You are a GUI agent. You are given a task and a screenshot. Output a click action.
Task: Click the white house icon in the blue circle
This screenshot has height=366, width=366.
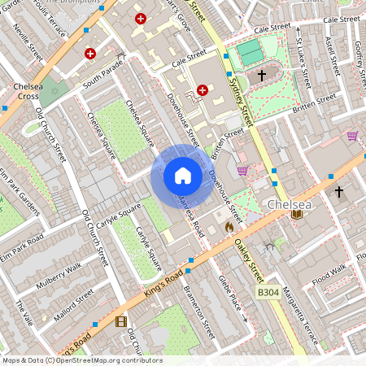tap(183, 176)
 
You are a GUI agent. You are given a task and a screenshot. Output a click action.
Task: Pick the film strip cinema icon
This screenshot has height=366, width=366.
tap(121, 322)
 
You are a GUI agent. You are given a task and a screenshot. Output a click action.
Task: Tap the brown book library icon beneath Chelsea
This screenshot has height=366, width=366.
tap(296, 215)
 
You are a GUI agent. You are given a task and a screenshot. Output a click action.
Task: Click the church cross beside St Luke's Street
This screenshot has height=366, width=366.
tap(262, 75)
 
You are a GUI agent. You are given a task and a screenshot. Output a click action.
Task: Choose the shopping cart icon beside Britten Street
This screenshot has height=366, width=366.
tap(242, 170)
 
